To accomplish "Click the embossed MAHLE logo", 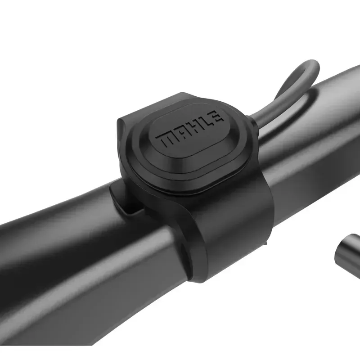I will click(x=189, y=129).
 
